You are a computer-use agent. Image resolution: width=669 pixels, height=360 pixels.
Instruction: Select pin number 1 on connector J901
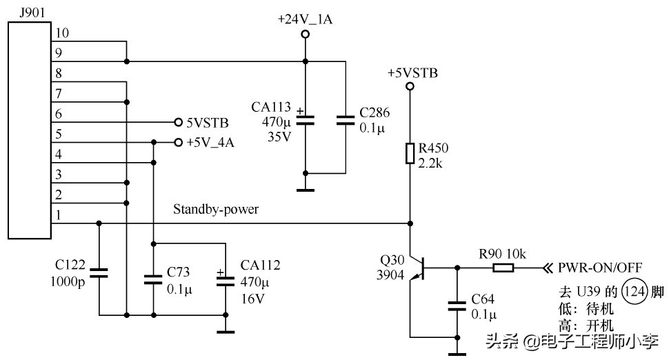click(x=58, y=215)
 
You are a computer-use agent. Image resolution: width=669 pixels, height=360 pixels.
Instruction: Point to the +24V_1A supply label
click(x=305, y=20)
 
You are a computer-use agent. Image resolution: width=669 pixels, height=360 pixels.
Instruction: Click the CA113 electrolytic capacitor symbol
click(x=305, y=120)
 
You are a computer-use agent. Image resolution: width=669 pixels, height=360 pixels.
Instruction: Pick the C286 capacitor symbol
click(x=343, y=120)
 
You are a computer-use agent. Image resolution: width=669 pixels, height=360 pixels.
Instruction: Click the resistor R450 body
click(x=410, y=153)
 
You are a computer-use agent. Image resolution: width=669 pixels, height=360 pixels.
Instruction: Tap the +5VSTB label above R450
click(x=412, y=72)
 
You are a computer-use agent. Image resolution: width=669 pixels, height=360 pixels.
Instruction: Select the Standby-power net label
click(x=216, y=210)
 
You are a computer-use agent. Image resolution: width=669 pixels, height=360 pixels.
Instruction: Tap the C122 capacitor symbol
click(x=99, y=272)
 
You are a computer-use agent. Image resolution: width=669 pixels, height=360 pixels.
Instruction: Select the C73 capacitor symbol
click(x=153, y=279)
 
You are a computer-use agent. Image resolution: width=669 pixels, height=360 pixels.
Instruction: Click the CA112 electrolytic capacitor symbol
click(x=225, y=279)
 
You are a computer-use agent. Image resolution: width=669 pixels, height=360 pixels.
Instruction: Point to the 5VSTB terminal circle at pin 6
click(x=178, y=120)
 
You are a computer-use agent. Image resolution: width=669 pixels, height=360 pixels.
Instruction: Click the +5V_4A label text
click(x=210, y=143)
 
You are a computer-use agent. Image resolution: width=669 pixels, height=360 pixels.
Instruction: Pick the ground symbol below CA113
click(x=305, y=189)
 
